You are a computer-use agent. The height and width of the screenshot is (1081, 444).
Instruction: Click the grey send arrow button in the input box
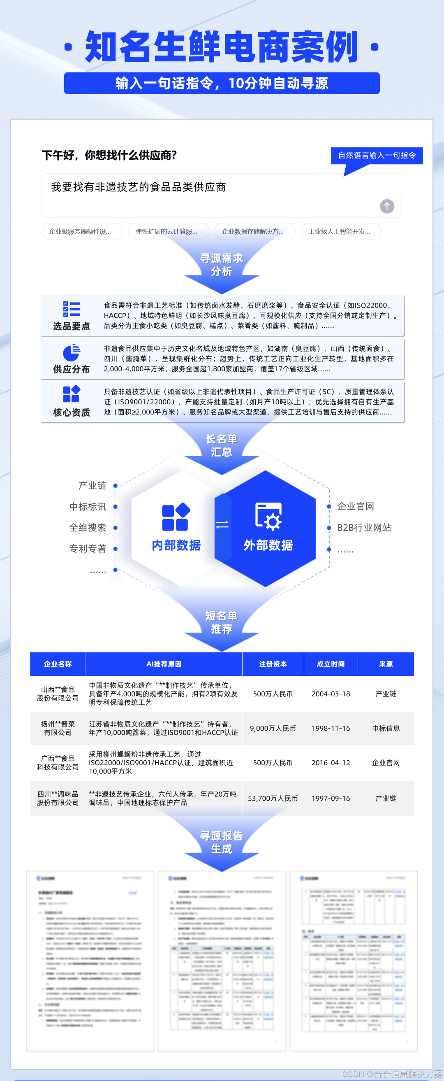386,206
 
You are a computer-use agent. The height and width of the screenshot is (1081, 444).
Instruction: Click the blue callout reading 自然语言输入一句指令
377,155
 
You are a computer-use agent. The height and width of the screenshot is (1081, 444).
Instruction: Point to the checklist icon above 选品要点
71,309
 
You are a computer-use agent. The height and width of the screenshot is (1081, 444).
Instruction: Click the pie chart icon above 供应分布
71,352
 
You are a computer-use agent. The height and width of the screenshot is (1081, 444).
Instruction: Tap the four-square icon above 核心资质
71,394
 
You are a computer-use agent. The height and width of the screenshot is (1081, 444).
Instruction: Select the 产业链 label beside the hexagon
92,485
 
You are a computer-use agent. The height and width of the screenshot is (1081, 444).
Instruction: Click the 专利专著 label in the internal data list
88,548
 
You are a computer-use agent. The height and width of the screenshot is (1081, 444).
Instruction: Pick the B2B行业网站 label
364,527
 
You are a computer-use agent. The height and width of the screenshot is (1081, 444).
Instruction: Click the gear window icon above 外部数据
268,516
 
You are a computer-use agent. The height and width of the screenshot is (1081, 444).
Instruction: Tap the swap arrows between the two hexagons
222,524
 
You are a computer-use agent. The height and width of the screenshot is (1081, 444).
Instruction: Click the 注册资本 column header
273,664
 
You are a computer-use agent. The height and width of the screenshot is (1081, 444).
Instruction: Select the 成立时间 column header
331,664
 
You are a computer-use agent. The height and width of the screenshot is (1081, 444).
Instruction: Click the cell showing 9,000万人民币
273,728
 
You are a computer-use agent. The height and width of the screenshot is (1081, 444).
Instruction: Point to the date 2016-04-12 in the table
331,762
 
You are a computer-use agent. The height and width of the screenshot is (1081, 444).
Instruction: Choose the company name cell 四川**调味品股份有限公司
58,798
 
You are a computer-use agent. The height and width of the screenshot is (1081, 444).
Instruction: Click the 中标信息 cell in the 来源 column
386,728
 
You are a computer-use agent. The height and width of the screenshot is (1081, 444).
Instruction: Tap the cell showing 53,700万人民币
273,798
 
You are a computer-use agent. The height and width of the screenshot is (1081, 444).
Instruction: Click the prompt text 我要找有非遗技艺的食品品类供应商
139,187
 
